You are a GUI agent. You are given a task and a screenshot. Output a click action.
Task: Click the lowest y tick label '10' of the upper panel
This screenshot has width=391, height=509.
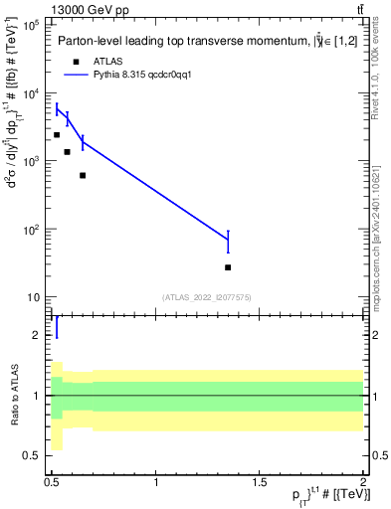34,297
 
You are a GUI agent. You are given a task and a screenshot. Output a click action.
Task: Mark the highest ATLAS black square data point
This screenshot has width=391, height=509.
57,134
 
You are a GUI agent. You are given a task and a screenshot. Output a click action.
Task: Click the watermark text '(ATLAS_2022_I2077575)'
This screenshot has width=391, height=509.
206,296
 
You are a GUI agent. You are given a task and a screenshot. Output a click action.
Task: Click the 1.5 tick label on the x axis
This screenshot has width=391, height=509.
260,482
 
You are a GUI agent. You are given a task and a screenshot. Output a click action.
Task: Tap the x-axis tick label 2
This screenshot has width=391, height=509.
363,482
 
